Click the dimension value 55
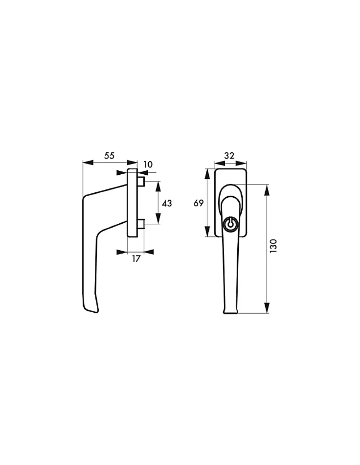click(x=109, y=156)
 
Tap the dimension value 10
click(x=148, y=164)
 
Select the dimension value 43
click(x=167, y=203)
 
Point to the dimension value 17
click(x=136, y=259)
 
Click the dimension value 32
click(x=229, y=156)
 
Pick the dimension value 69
click(x=198, y=203)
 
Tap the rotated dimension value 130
click(x=273, y=246)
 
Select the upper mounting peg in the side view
click(x=141, y=182)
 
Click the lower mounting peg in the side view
click(x=141, y=224)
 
